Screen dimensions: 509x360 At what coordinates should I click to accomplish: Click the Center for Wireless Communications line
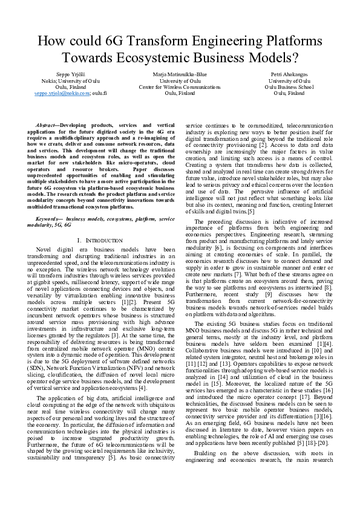pyautogui.click(x=180, y=87)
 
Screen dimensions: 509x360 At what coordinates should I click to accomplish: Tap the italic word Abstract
pyautogui.click(x=47, y=124)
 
